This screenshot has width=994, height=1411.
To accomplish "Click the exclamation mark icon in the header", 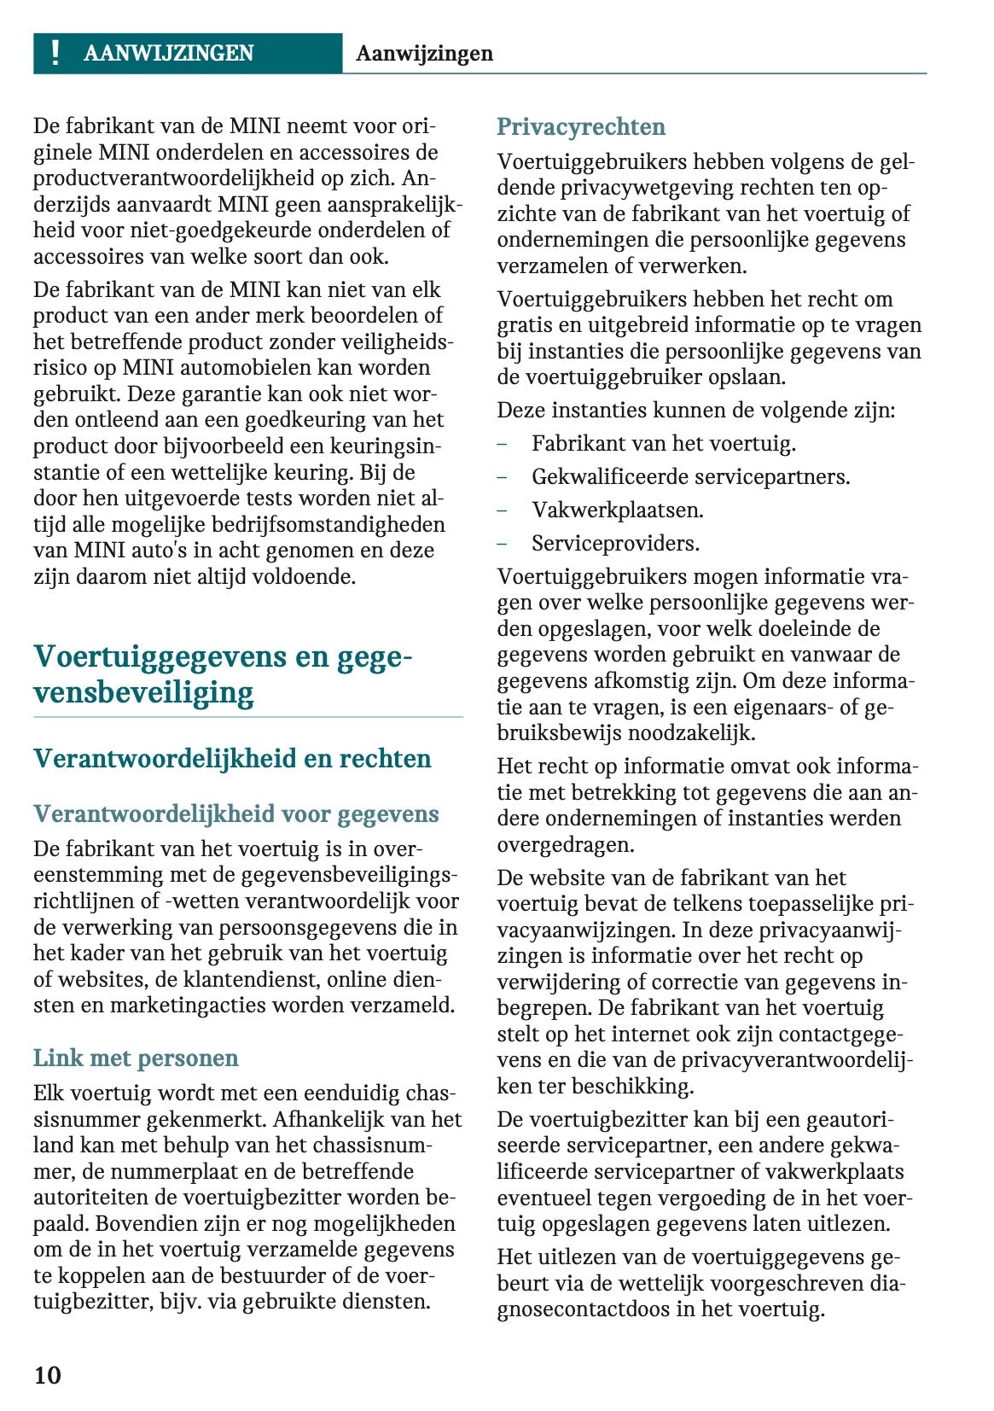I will pyautogui.click(x=55, y=53).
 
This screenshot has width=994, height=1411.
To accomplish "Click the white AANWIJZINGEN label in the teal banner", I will pyautogui.click(x=168, y=53).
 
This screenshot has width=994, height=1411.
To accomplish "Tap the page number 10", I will pyautogui.click(x=48, y=1374).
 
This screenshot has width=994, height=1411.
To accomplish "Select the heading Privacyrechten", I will pyautogui.click(x=581, y=126).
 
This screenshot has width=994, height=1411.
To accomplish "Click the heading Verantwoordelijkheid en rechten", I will pyautogui.click(x=232, y=758).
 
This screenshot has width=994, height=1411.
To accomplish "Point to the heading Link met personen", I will pyautogui.click(x=136, y=1058).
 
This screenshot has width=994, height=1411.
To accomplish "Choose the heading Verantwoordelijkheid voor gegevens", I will pyautogui.click(x=236, y=813).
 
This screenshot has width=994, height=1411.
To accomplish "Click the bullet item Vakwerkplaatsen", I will pyautogui.click(x=617, y=510).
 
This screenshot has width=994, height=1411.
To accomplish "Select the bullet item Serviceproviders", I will pyautogui.click(x=614, y=543).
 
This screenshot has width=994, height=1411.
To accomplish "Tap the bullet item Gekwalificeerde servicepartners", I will pyautogui.click(x=690, y=476).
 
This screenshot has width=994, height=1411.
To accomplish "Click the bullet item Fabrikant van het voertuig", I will pyautogui.click(x=663, y=443).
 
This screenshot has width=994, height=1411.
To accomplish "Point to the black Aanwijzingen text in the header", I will pyautogui.click(x=424, y=53).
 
